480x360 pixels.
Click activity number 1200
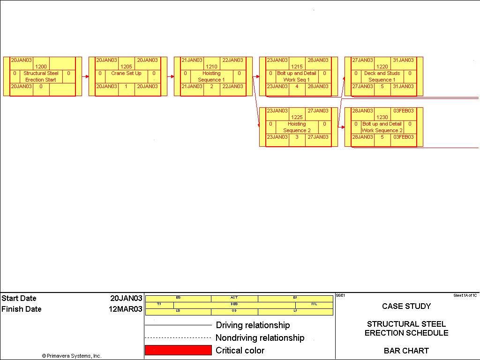41,67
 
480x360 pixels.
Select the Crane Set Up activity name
126,73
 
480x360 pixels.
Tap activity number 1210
211,67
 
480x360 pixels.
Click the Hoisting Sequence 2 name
297,127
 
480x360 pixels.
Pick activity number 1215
297,67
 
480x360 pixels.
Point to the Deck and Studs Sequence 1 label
382,76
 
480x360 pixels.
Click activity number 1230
382,117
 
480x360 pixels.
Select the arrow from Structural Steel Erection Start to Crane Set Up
85,76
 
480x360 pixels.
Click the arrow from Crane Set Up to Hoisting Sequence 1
171,76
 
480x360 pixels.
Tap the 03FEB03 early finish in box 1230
403,111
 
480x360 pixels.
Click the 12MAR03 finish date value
126,309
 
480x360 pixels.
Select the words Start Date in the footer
19,298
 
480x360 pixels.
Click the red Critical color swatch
178,350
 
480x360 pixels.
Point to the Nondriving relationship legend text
260,337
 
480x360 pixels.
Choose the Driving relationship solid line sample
178,325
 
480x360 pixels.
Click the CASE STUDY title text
406,306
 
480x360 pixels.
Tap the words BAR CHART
406,350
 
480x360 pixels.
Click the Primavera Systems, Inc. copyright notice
71,356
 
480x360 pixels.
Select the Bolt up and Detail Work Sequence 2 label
382,127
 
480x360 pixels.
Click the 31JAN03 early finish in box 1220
403,60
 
